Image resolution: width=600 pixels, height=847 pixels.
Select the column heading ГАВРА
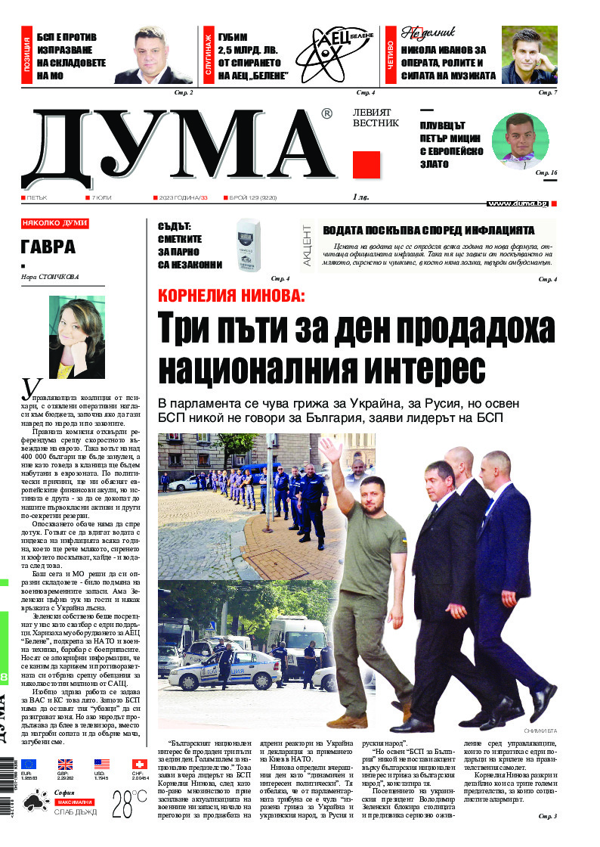(x=48, y=247)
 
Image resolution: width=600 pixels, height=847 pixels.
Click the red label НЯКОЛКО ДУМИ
(x=55, y=223)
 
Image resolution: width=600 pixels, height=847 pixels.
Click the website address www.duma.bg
(x=517, y=203)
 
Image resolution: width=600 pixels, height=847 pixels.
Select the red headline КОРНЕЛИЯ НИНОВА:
(x=230, y=295)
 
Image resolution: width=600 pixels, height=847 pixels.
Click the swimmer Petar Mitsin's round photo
(x=520, y=141)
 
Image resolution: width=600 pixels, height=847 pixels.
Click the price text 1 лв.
(x=361, y=198)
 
